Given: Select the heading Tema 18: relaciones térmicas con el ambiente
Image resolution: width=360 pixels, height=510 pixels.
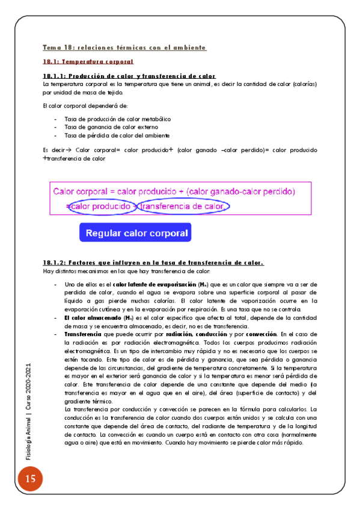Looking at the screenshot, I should [x=124, y=47].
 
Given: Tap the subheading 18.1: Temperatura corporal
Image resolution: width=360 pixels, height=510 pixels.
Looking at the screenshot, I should [x=88, y=61].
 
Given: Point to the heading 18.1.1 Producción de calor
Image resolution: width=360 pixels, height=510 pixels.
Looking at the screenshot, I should [x=129, y=76].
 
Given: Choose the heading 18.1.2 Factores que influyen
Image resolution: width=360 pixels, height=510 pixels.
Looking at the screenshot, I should [x=153, y=263].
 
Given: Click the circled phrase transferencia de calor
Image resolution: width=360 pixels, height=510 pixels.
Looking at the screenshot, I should [x=183, y=206].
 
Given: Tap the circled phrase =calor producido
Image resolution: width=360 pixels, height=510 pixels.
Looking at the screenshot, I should [x=101, y=206].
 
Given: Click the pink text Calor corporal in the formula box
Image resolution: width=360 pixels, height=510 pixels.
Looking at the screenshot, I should [x=83, y=192].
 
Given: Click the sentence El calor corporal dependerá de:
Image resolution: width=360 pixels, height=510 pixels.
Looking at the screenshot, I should [x=81, y=106].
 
